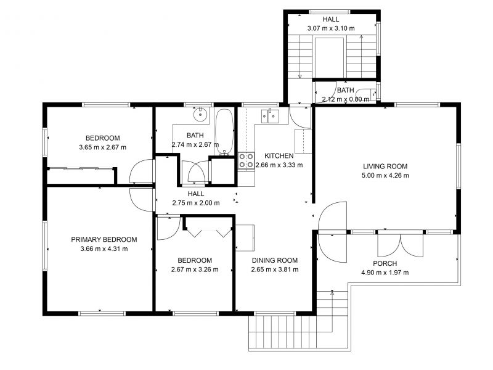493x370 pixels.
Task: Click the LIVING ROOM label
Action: [385, 166]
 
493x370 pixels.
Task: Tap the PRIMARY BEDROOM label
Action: [104, 239]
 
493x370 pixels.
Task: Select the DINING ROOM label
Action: [275, 260]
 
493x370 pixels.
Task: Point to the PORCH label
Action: [385, 263]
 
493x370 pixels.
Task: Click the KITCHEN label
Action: [279, 156]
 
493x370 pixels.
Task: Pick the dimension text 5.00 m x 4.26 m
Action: [385, 176]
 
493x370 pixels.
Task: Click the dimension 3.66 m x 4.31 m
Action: [104, 249]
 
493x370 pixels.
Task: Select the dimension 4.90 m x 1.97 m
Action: [385, 273]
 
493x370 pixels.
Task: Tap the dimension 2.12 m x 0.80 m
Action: [346, 99]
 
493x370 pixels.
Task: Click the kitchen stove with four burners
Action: [246, 160]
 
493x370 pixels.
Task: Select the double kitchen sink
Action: [270, 116]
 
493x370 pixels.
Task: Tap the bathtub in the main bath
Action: [224, 132]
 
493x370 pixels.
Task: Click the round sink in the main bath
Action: [200, 114]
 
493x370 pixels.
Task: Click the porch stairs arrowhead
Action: [332, 292]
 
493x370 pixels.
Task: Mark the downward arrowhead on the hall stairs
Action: [300, 76]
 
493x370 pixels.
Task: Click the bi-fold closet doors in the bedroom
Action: [210, 232]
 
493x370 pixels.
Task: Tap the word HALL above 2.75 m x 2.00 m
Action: [196, 194]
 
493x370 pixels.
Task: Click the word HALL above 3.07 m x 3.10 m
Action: [331, 19]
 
